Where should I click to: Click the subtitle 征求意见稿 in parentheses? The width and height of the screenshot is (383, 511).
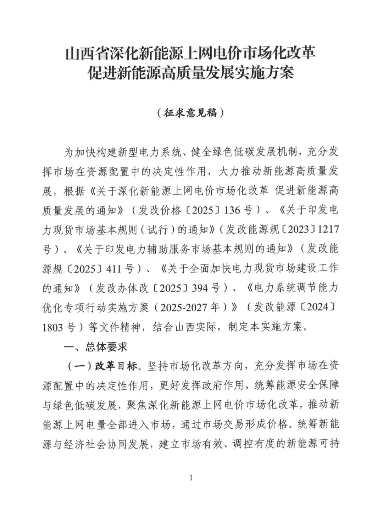click(191, 113)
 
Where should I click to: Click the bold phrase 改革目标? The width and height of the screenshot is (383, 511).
click(116, 366)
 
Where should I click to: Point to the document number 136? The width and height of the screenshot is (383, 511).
click(233, 210)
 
